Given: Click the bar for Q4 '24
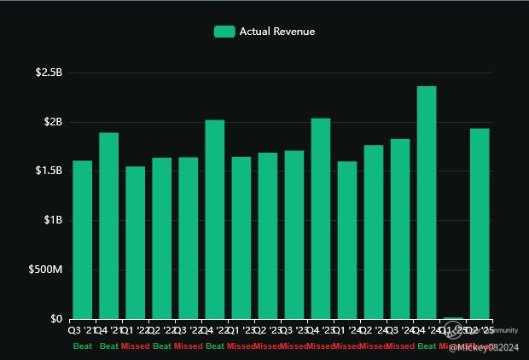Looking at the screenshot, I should click(427, 202).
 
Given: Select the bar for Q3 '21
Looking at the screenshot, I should click(82, 240).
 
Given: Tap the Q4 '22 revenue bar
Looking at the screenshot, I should click(214, 219).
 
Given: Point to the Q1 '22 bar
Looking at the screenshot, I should click(135, 242).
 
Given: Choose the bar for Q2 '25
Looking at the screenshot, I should click(480, 224).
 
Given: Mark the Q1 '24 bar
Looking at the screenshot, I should click(347, 240).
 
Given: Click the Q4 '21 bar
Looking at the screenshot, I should click(108, 225).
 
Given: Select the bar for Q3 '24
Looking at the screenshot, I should click(400, 229).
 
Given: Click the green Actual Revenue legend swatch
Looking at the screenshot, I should click(224, 32).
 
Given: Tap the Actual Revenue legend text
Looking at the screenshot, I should click(276, 32).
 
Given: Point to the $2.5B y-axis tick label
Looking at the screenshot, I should click(49, 73).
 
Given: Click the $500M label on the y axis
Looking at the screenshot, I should click(46, 270).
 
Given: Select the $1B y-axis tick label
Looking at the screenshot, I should click(53, 220).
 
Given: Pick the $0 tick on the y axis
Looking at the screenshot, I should click(57, 319).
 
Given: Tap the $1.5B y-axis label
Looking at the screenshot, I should click(49, 171).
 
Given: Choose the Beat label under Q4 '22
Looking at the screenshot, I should click(215, 345).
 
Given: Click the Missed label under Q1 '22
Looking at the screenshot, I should click(136, 345).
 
